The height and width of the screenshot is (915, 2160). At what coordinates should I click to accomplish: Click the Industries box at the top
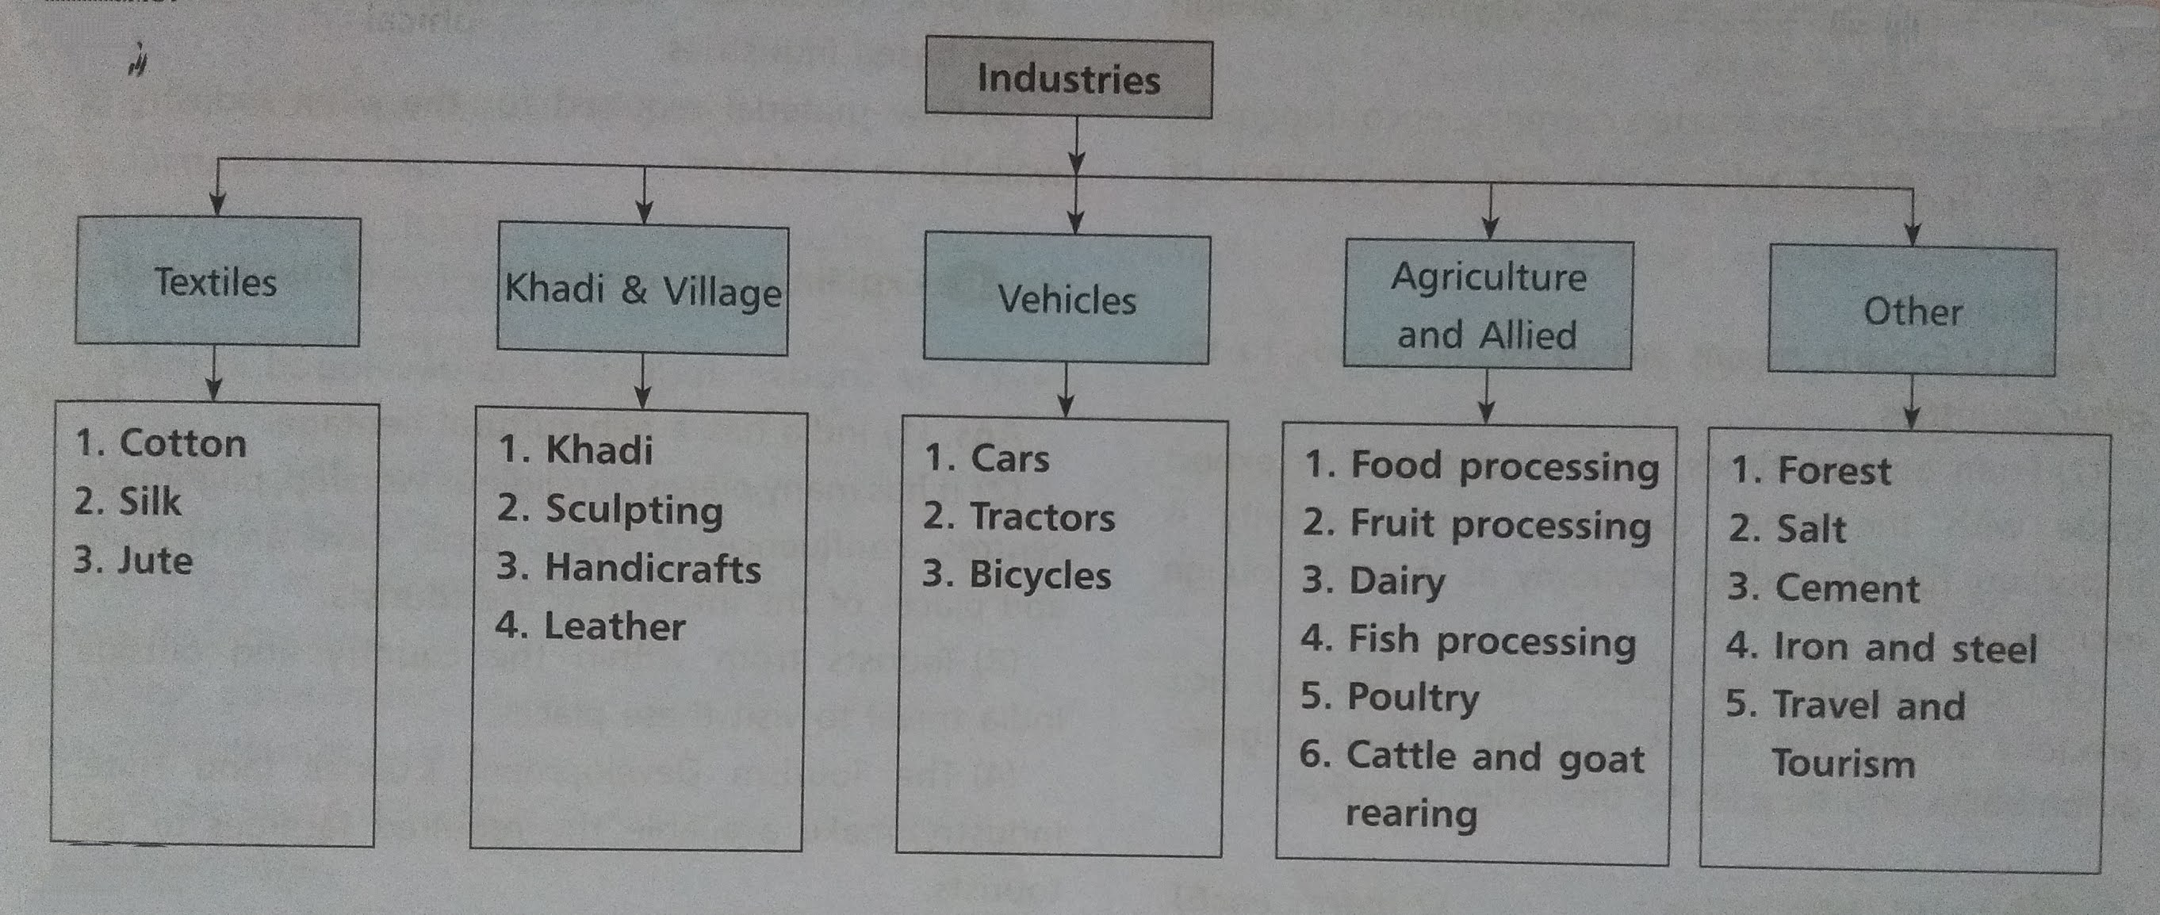1068,78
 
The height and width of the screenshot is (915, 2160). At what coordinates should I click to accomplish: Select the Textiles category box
217,281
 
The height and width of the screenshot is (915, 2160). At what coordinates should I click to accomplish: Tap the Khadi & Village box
642,290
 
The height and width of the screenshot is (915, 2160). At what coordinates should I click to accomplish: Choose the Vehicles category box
1066,300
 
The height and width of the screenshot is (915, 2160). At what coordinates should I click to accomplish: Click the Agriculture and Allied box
1488,305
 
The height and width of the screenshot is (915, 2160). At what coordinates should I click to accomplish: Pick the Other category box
1912,311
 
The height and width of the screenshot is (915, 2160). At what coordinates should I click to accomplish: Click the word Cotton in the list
183,442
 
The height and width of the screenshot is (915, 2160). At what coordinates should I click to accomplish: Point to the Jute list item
155,561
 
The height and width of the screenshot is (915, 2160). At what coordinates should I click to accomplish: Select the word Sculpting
634,510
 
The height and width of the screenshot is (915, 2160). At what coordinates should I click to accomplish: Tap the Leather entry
615,626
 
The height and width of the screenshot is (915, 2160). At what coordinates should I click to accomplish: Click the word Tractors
1042,518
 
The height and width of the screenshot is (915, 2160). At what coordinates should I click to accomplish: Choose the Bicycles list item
1040,576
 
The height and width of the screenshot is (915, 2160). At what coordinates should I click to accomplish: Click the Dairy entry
1397,581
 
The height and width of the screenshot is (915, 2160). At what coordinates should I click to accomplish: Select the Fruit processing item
1500,525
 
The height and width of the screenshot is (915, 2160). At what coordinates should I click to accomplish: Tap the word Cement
1848,588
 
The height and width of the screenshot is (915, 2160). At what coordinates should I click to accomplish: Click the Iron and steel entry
1905,648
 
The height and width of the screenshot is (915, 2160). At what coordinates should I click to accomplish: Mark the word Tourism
1843,764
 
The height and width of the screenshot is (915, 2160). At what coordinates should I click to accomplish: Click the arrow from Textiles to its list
214,375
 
